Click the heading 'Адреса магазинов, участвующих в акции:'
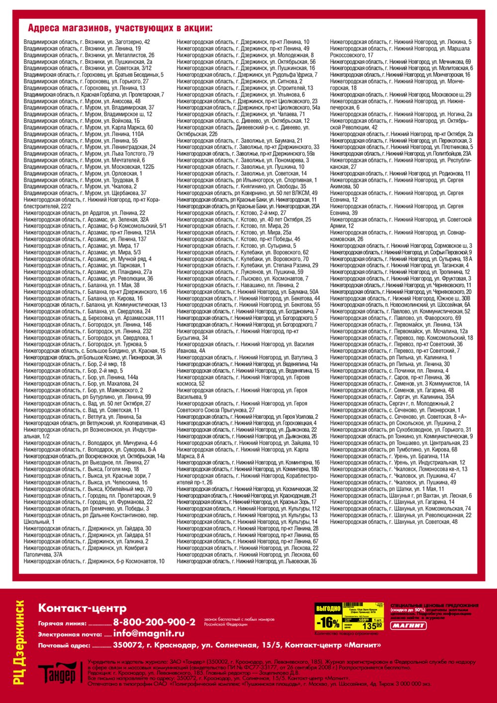point(120,28)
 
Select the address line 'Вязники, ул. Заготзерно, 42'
point(87,42)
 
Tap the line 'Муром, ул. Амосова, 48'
point(82,101)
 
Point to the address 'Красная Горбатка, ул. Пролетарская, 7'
point(94,94)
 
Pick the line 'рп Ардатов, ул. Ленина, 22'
point(84,213)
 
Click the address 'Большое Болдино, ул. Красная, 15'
point(94,351)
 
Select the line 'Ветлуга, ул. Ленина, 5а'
point(83,417)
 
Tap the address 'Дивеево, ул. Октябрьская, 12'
point(243,121)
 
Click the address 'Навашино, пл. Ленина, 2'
point(238,285)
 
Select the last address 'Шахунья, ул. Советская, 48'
point(394,522)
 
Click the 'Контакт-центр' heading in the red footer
point(82,608)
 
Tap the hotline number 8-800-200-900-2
point(154,622)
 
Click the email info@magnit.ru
point(149,633)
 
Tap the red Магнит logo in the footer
point(409,625)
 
